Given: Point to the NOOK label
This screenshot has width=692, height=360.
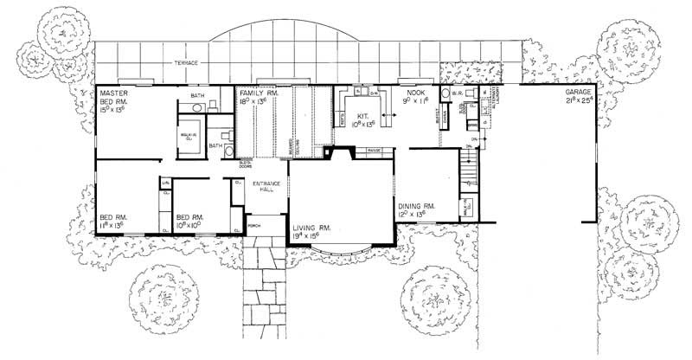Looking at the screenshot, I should (x=408, y=92).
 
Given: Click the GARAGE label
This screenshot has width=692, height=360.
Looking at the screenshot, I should (x=579, y=92).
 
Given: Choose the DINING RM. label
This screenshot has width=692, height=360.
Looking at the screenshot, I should (x=416, y=206).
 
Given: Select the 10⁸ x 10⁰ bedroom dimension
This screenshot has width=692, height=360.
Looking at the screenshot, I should (x=190, y=225).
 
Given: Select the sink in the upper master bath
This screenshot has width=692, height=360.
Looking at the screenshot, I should (x=198, y=107).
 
